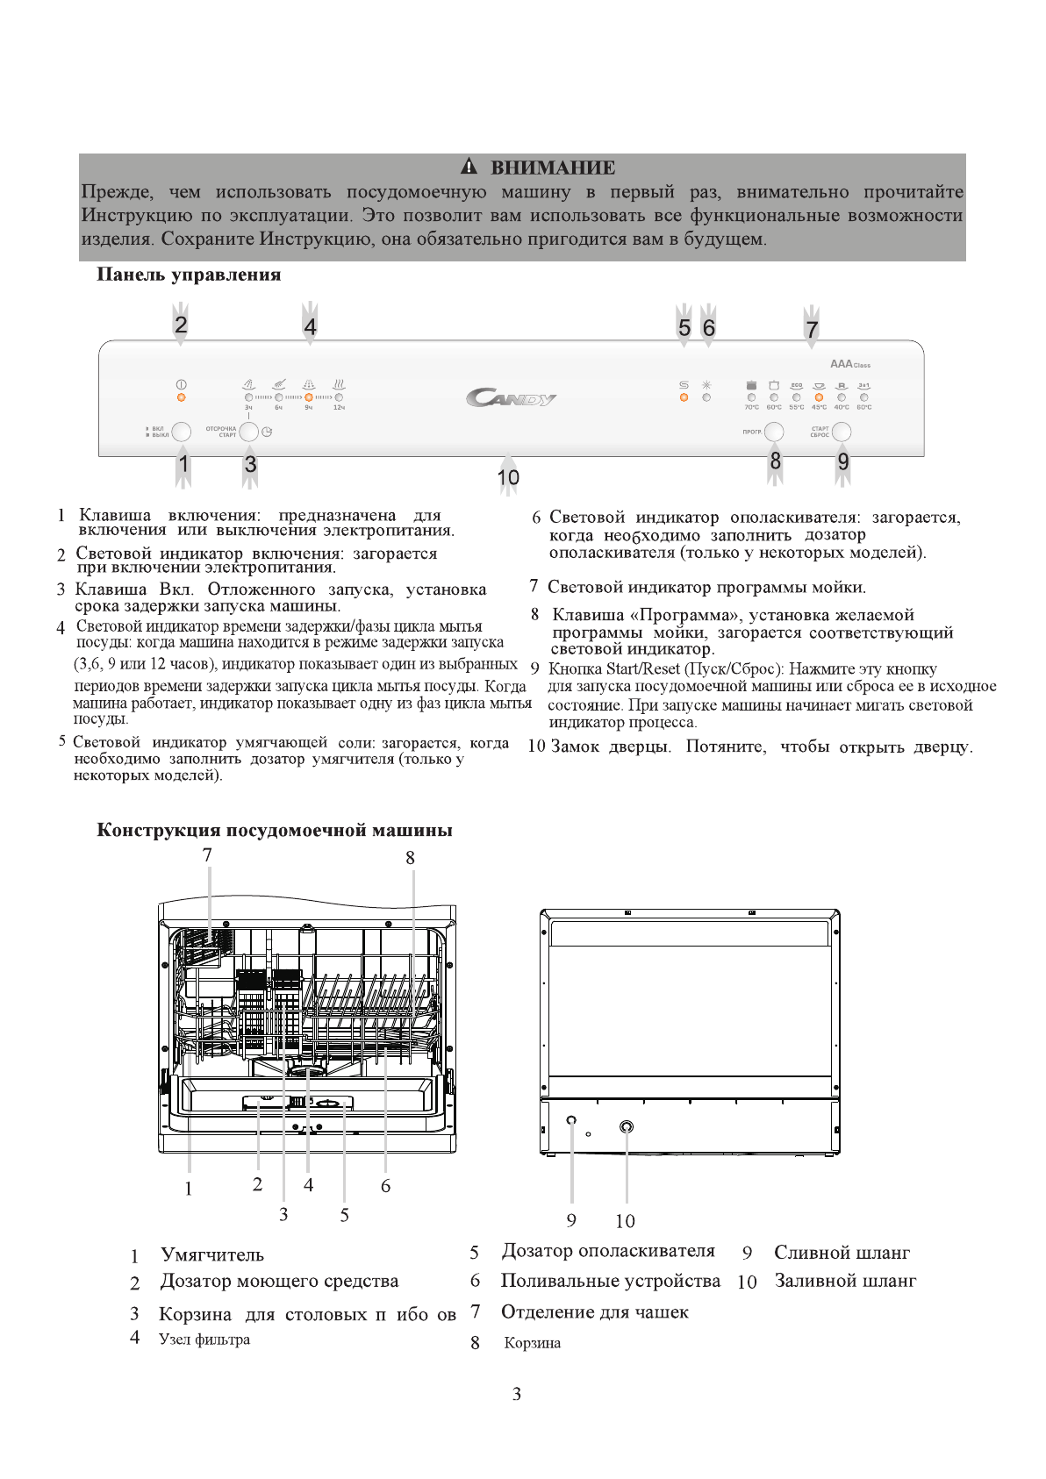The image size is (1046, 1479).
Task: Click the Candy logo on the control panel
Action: (511, 399)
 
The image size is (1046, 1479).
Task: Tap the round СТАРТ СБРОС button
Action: (842, 432)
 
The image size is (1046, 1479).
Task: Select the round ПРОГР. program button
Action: (774, 432)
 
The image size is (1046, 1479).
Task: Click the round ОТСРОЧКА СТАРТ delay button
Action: (249, 432)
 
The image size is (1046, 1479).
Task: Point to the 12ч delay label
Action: (339, 408)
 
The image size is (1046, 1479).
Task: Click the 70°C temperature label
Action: (751, 408)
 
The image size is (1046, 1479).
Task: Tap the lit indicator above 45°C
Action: (819, 397)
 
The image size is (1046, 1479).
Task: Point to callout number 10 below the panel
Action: (508, 477)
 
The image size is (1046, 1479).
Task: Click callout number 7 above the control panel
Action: (812, 330)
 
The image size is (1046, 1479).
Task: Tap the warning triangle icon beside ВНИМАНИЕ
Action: (469, 167)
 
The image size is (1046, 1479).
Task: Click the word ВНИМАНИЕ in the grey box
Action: (553, 168)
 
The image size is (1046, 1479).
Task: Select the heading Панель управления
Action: (189, 275)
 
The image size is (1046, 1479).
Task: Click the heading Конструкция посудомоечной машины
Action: (275, 830)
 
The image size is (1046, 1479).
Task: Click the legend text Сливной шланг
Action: (842, 1253)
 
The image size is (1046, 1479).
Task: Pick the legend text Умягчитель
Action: (212, 1255)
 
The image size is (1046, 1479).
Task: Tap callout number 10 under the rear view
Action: (625, 1221)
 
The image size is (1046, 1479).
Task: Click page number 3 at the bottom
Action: (517, 1394)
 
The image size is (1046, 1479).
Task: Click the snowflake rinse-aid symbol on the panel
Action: (706, 385)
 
